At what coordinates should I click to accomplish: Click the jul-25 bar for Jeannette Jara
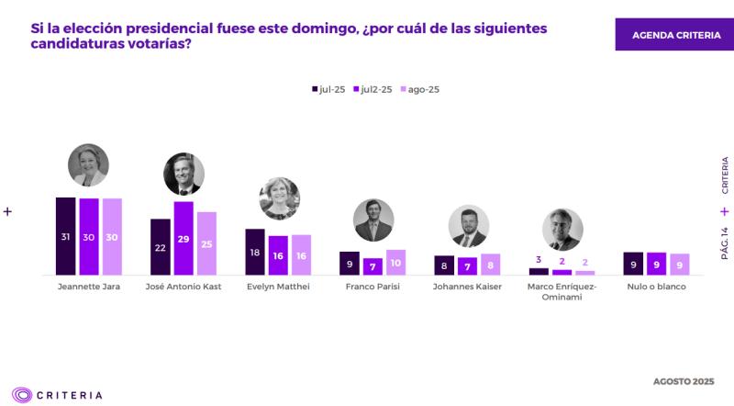click(65, 236)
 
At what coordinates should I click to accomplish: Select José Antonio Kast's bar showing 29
click(183, 238)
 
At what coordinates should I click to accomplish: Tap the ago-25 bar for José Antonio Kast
click(206, 243)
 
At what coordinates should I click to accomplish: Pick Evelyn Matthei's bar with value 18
click(254, 252)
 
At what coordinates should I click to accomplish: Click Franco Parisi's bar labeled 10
click(395, 263)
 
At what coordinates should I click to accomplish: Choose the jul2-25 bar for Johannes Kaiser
click(467, 266)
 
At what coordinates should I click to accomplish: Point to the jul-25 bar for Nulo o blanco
click(633, 264)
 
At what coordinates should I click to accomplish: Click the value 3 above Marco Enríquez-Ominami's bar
click(538, 261)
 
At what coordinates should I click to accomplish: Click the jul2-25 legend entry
click(373, 89)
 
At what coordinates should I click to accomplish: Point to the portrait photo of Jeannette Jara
click(88, 165)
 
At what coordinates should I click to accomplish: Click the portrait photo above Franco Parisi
click(373, 220)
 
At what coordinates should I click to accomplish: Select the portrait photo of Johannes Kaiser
click(468, 226)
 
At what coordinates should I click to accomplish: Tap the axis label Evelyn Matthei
click(278, 287)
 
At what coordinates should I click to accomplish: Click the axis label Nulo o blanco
click(656, 287)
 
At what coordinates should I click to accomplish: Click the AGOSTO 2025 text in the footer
click(684, 380)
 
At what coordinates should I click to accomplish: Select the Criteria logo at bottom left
click(57, 395)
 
